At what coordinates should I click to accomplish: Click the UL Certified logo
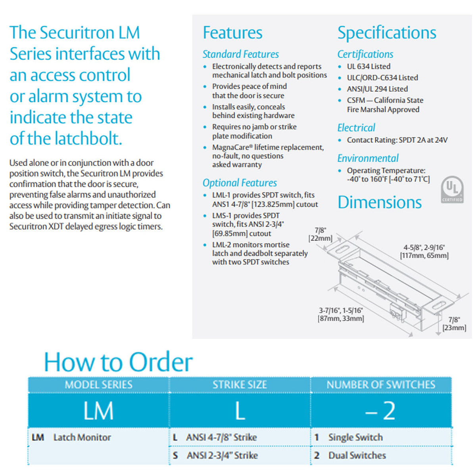click(452, 189)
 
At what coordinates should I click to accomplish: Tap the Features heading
click(232, 33)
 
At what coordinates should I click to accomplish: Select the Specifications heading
click(387, 33)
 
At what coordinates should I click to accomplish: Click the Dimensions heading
click(380, 202)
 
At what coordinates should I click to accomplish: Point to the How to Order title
click(118, 362)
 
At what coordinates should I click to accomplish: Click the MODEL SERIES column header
click(98, 384)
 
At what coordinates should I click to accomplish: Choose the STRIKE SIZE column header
click(240, 384)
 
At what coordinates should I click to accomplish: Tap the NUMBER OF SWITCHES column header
click(381, 384)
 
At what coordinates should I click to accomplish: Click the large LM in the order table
click(98, 411)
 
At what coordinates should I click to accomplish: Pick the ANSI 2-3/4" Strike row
click(222, 455)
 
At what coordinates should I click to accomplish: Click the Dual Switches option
click(357, 455)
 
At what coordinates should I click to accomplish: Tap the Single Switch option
click(355, 437)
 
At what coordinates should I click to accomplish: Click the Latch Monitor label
click(82, 437)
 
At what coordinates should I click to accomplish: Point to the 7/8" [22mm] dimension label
click(321, 234)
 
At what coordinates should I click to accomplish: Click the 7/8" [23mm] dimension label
click(455, 324)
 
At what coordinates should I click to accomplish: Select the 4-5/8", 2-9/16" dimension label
click(424, 251)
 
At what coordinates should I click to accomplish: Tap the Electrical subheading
click(356, 128)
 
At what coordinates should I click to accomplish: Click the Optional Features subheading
click(240, 183)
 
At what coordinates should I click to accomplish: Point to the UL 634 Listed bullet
click(369, 66)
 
